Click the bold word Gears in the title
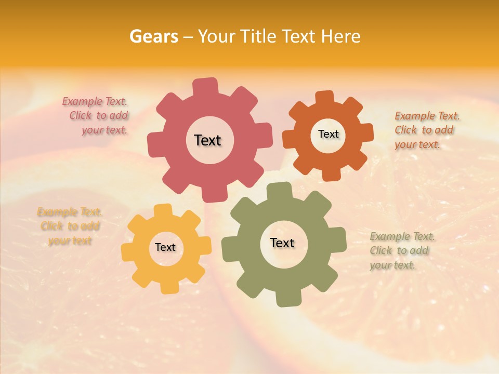(153, 36)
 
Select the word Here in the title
(341, 36)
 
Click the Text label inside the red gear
(207, 140)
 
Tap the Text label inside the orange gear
(328, 134)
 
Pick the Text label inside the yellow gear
(165, 248)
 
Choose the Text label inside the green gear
(282, 243)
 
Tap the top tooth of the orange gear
(324, 98)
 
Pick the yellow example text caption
(70, 226)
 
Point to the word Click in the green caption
(381, 250)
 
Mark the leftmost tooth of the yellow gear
(128, 251)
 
